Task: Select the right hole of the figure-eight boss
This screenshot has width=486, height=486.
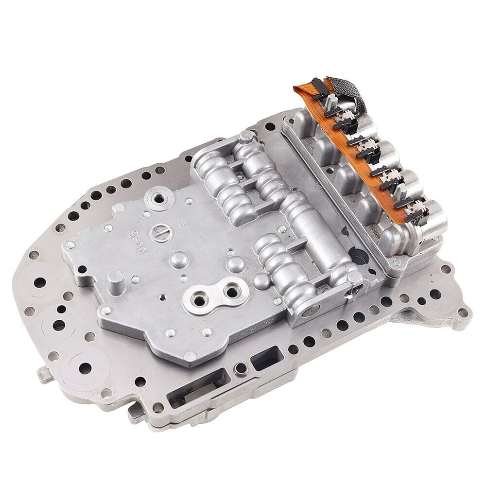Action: coord(228,291)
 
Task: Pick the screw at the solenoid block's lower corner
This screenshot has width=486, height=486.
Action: coord(397,262)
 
